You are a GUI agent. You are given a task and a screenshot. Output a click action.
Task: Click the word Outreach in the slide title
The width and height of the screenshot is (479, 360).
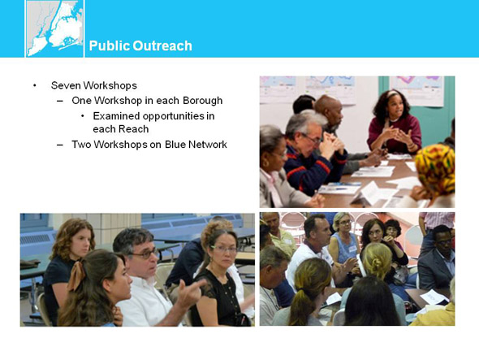[x=162, y=46]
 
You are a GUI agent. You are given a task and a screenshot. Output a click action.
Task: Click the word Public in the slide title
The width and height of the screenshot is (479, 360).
[x=110, y=46]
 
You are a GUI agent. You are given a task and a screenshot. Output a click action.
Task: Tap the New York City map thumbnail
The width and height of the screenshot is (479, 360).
[x=54, y=28]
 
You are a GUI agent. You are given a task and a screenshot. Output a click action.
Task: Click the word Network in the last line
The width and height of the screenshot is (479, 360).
[x=207, y=145]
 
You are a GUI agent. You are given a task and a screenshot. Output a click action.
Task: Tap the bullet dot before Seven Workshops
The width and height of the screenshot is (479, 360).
[x=35, y=85]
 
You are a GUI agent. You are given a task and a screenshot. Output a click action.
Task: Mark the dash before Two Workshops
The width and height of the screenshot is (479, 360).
[x=60, y=145]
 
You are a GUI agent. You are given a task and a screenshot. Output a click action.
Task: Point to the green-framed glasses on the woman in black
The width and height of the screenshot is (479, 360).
[x=225, y=249]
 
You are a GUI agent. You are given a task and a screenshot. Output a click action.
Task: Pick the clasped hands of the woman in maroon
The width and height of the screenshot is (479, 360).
[x=397, y=135]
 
